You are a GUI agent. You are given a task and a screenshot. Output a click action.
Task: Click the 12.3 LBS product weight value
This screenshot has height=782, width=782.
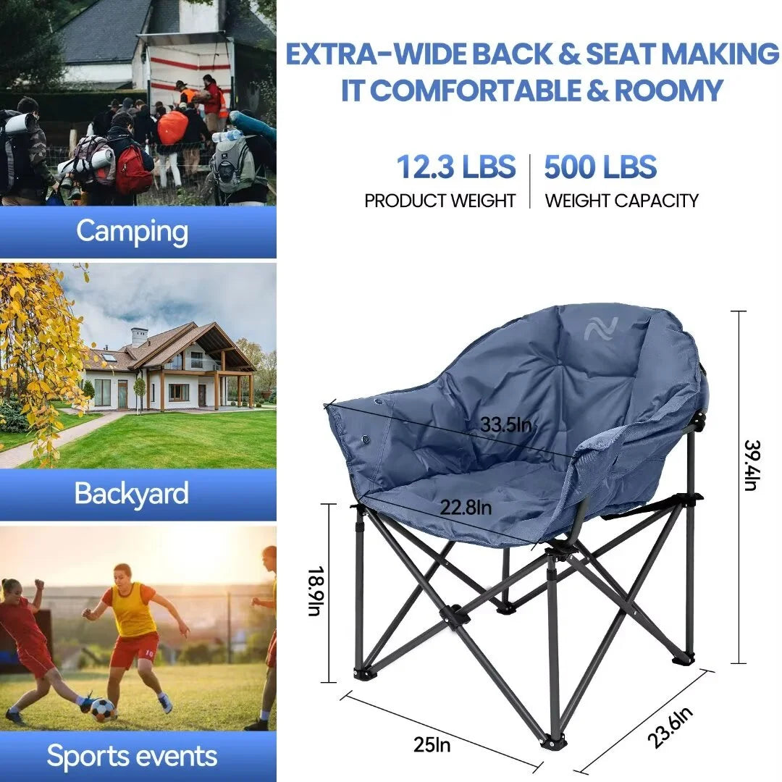tap(456, 167)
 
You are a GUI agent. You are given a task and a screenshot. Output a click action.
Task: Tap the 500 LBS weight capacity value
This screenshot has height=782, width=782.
tap(600, 167)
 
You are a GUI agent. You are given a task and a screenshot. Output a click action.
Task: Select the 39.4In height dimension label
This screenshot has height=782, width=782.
tap(752, 466)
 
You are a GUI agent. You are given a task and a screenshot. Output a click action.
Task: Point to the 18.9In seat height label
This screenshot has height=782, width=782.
tap(316, 591)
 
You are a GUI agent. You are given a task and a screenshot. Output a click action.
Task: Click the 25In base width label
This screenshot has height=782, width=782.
tap(432, 744)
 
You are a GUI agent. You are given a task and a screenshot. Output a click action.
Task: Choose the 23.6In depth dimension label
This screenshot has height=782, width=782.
tap(670, 728)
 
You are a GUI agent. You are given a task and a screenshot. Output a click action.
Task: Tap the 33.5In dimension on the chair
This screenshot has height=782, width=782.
tap(505, 424)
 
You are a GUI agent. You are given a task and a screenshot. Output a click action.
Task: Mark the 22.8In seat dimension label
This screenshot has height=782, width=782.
tap(466, 508)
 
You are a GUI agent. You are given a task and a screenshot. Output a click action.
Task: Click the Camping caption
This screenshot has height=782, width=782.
tap(133, 232)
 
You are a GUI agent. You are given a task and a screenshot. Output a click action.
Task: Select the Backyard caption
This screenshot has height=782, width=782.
tap(132, 493)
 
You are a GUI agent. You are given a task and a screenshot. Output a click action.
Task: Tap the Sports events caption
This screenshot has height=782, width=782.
tap(133, 755)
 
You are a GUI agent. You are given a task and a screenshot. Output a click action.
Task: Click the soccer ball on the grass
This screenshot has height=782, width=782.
tap(104, 710)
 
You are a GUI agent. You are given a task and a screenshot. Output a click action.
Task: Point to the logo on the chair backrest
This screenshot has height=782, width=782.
tap(601, 329)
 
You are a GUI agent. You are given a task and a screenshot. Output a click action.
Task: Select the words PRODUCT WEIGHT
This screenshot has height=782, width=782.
tap(440, 201)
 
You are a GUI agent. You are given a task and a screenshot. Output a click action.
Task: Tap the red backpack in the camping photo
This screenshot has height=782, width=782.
tap(133, 169)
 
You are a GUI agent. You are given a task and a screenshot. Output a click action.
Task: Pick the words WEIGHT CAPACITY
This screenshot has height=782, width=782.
tap(621, 201)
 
